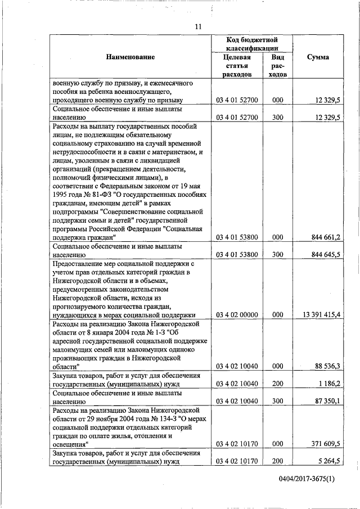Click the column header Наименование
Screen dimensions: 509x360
click(x=129, y=57)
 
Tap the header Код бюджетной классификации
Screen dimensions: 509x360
click(x=252, y=44)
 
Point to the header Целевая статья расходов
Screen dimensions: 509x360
click(x=236, y=65)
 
